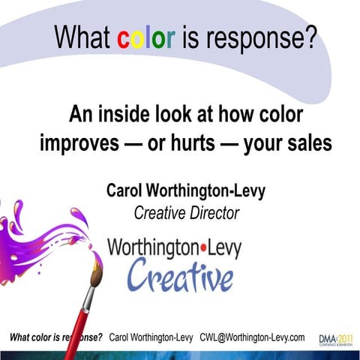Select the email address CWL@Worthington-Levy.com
[252, 337]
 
